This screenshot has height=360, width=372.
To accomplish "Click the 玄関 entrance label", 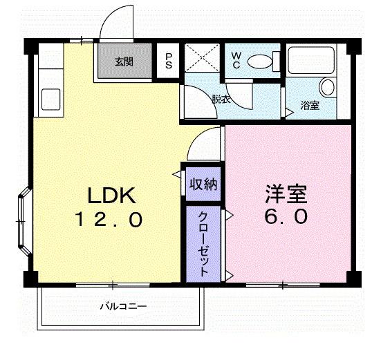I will point(124,61).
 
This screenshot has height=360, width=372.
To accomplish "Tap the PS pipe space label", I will point(168,61).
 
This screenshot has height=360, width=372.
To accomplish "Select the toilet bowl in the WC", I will point(261,61).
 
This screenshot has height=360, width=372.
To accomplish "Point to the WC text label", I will point(236,59).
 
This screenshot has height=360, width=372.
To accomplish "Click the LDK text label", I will point(110,196).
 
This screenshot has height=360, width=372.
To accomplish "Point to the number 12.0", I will point(110,220).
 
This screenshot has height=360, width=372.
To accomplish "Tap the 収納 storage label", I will point(203,184).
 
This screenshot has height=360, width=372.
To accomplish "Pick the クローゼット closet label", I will point(203,243).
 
